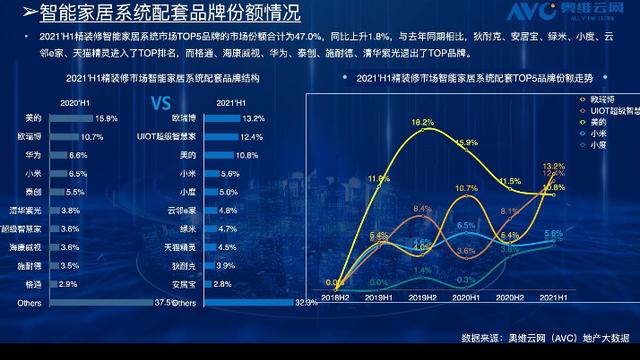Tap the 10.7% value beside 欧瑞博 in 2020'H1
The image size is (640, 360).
pos(92,136)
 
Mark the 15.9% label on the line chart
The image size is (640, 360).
pos(466,144)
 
